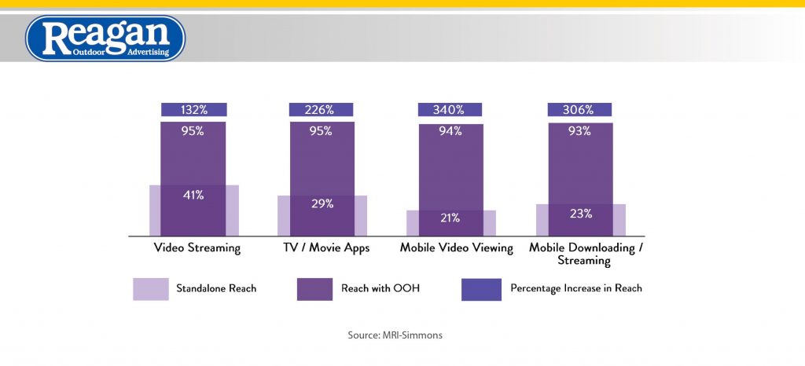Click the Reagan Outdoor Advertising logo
point(105,38)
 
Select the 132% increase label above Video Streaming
point(193,110)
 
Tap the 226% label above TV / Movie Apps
point(322,110)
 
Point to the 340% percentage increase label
point(451,110)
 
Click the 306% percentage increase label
point(580,110)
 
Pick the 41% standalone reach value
point(193,195)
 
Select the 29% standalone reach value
point(322,203)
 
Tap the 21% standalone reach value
point(451,218)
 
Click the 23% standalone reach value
point(580,213)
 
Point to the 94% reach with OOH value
point(451,131)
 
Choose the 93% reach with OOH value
point(580,131)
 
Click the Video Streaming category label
point(193,248)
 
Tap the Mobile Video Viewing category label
point(456,248)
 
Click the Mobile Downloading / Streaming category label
point(585,254)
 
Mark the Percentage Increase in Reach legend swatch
point(480,289)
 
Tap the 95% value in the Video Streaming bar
point(193,131)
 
